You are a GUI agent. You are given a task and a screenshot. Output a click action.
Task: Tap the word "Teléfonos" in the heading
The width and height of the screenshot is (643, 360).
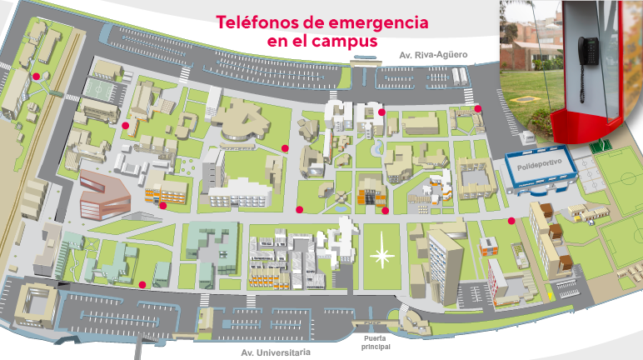(x=255, y=22)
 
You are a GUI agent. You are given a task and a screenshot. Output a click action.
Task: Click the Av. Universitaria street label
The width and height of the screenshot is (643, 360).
(x=276, y=352)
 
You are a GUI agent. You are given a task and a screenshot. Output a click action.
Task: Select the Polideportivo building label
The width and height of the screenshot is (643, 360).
(x=541, y=167)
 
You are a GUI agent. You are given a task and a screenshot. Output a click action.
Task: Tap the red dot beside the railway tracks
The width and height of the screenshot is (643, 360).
(x=36, y=77)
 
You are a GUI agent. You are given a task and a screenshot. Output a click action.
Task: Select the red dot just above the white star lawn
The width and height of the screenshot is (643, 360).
(x=385, y=210)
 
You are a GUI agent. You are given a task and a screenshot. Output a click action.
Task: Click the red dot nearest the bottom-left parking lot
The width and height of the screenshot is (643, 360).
(x=142, y=284)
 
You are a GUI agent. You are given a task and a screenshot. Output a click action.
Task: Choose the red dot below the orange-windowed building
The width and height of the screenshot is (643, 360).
(x=163, y=205)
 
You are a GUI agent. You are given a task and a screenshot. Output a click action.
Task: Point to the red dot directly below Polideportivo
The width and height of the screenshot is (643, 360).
(x=511, y=222)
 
